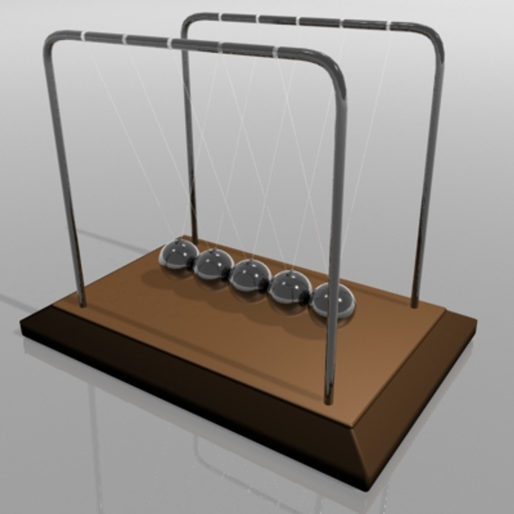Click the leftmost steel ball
(x=178, y=255)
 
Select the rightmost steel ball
(x=334, y=299)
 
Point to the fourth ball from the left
(x=290, y=287)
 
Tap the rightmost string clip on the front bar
(x=275, y=50)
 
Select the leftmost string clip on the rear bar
(x=220, y=17)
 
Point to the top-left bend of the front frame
(x=52, y=40)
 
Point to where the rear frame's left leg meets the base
(x=194, y=242)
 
